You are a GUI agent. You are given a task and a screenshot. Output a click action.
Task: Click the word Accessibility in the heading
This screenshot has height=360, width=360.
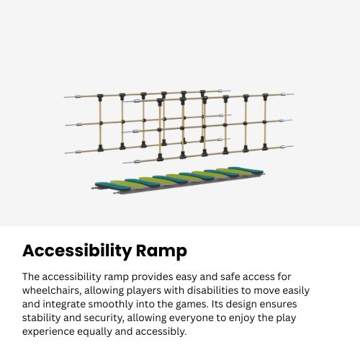(x=76, y=251)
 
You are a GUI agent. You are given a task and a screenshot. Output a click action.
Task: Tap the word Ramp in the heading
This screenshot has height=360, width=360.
(x=161, y=251)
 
